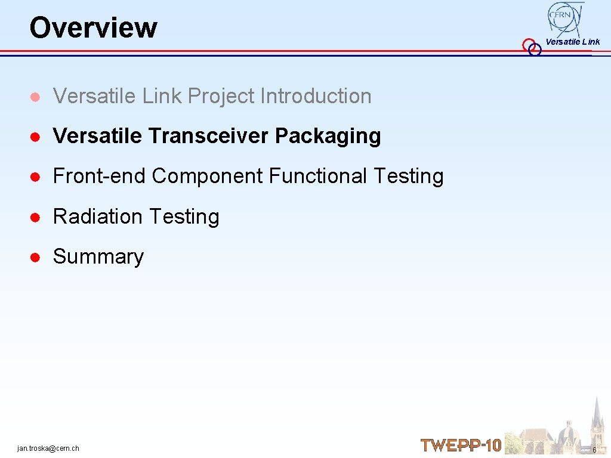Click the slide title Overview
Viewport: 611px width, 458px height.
pyautogui.click(x=93, y=27)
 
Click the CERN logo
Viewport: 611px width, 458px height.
pyautogui.click(x=565, y=18)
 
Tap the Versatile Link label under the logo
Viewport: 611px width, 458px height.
pyautogui.click(x=572, y=42)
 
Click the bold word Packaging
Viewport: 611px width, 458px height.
pyautogui.click(x=328, y=136)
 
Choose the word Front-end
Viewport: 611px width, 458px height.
pyautogui.click(x=100, y=176)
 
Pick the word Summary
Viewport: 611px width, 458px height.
pyautogui.click(x=98, y=256)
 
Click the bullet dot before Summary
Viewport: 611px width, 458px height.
pyautogui.click(x=36, y=257)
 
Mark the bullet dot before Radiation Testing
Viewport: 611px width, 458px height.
pyautogui.click(x=36, y=217)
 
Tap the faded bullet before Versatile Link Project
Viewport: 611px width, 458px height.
pyautogui.click(x=36, y=97)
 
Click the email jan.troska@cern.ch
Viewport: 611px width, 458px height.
pyautogui.click(x=48, y=448)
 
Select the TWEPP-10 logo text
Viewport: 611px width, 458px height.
pyautogui.click(x=461, y=445)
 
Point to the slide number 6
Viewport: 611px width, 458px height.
pyautogui.click(x=594, y=449)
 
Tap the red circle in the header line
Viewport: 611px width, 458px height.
pyautogui.click(x=528, y=45)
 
